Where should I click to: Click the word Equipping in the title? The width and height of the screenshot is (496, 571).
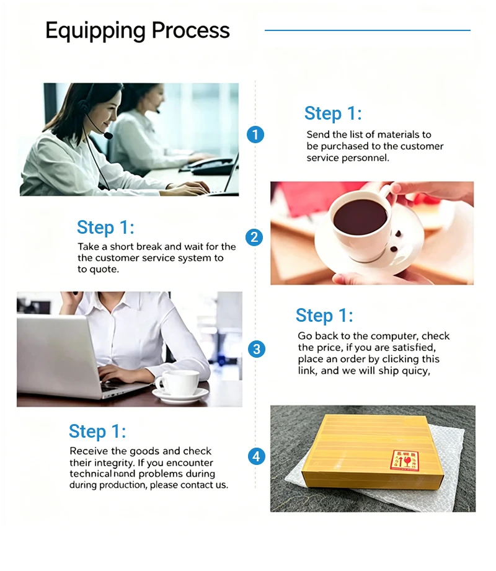[95, 30]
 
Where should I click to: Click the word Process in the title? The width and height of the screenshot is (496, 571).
[190, 30]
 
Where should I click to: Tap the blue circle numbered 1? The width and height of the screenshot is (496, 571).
[255, 135]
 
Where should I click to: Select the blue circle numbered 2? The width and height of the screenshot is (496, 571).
[254, 237]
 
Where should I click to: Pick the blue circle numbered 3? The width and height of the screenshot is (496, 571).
[257, 349]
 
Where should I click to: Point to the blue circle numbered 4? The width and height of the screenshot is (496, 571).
[257, 456]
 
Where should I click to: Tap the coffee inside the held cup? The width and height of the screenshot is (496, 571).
[360, 216]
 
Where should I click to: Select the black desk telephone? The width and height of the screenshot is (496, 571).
[210, 166]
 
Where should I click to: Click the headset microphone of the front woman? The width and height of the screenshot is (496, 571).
[108, 136]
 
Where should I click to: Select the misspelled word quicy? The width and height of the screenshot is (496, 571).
[416, 371]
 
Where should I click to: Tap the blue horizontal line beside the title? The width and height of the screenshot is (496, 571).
[368, 30]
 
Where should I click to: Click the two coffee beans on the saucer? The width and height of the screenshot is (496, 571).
[396, 241]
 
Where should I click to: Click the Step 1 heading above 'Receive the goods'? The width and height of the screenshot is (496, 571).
[97, 431]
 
